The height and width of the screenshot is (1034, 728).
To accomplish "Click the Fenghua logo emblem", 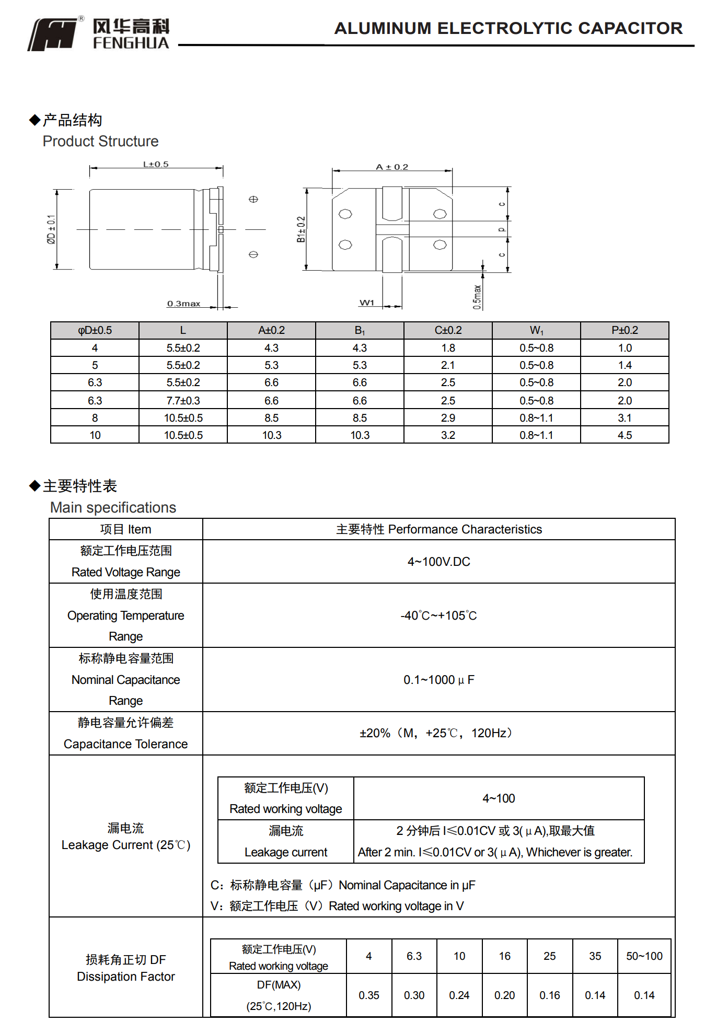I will coord(52,34).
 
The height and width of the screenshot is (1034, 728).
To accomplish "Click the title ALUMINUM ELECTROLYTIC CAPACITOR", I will coord(508,28).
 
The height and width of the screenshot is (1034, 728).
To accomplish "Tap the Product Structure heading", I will coord(100,141).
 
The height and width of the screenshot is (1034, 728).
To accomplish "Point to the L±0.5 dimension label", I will coord(156,164).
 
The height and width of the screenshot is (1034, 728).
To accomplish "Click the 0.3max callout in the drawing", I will coord(183,304).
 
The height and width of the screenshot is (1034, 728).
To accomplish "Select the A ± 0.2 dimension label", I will coord(392,167).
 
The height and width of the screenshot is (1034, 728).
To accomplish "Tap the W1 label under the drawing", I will coord(367,303).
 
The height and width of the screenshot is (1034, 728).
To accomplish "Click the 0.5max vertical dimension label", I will coord(477,297).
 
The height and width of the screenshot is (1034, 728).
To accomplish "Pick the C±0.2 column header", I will coord(448,330).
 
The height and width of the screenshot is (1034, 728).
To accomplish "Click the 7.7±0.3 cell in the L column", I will coord(183,401).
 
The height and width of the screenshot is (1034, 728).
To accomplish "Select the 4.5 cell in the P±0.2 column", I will coord(625,435).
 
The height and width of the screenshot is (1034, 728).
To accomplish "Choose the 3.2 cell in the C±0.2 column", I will coord(448,435).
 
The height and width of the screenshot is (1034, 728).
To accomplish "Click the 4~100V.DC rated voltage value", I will coord(438,562).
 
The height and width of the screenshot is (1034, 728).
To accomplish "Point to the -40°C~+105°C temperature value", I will coord(438,615).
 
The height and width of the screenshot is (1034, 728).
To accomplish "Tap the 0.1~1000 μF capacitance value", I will coord(438,680).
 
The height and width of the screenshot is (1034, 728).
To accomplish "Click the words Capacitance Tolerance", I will coord(125,744).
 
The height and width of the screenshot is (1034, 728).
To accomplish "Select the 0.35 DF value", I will coord(368,995).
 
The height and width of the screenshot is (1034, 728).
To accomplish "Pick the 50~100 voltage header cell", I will coord(644,956).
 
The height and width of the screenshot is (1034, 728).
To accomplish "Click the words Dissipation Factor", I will coord(125,977).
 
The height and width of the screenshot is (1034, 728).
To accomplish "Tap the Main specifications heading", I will coord(113,507).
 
